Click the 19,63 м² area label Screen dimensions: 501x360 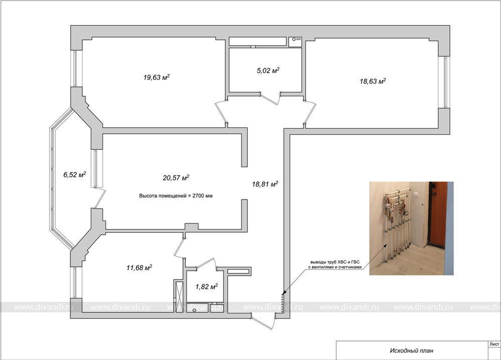[156, 77]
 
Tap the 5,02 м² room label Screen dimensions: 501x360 [268, 70]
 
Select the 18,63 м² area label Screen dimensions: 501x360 [373, 81]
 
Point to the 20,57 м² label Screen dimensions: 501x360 [176, 177]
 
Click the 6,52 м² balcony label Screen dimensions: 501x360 [75, 174]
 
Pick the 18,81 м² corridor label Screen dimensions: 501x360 [265, 184]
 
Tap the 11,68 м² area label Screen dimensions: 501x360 [139, 267]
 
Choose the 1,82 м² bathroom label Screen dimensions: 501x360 [207, 286]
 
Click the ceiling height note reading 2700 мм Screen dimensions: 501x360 [176, 196]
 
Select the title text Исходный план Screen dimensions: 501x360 [412, 351]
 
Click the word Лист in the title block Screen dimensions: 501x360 [494, 344]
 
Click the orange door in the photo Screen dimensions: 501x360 [438, 215]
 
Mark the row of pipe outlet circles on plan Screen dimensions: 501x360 [282, 302]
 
